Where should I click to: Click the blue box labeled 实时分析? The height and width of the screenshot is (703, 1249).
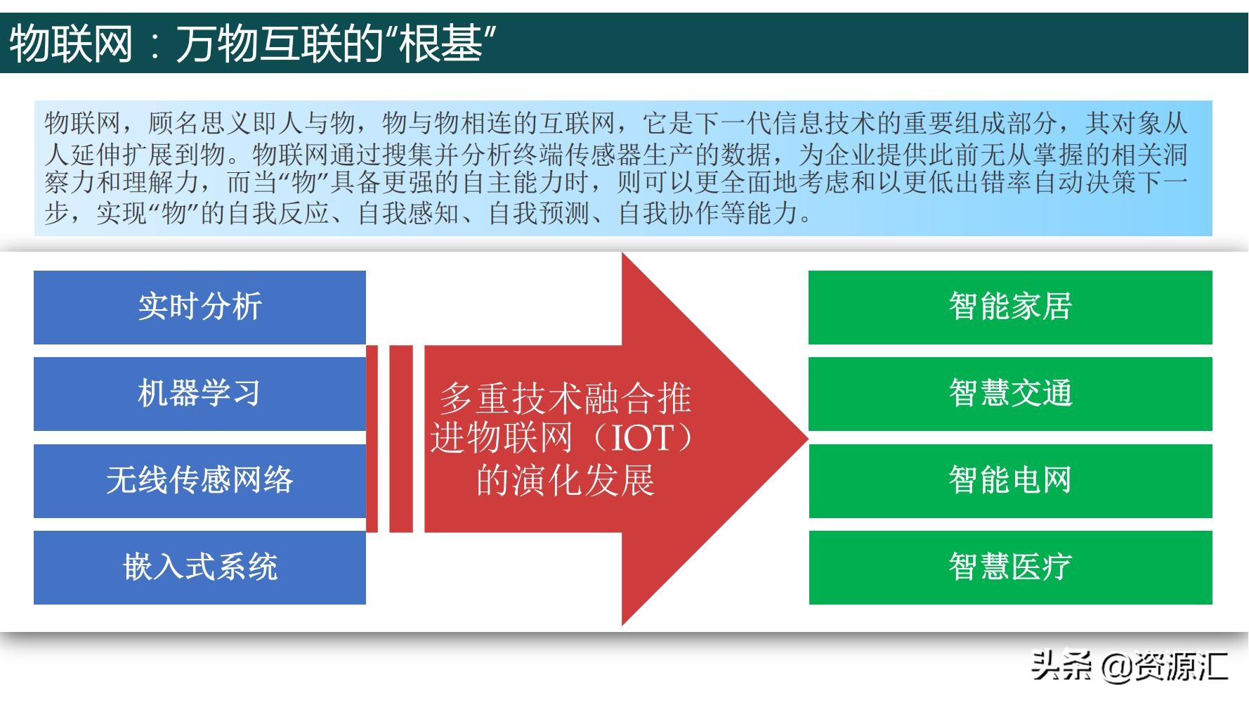pos(200,307)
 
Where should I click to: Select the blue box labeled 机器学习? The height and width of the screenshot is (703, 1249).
pos(200,394)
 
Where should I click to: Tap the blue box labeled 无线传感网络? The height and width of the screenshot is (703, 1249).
pos(200,481)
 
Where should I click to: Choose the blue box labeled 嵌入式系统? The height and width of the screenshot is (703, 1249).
pos(200,567)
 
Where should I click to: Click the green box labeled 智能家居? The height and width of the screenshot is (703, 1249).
pos(1010,307)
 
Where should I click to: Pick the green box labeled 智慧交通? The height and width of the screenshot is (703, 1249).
pos(1010,394)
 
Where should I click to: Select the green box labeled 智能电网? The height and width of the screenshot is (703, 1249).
pos(1010,481)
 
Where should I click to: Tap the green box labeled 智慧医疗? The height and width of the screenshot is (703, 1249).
pos(1010,567)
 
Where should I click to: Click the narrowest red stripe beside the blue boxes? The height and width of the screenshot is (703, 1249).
pos(372,439)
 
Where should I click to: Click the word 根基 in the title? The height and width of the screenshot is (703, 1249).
pos(441,44)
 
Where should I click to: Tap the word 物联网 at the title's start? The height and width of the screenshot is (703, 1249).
pos(70,44)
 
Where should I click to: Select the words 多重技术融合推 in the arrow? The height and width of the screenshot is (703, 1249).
pos(565,399)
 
